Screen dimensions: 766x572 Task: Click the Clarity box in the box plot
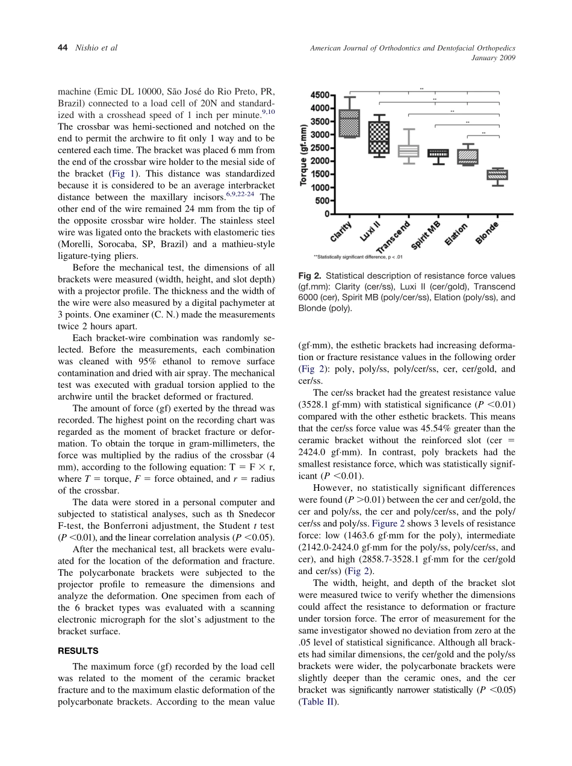(350, 123)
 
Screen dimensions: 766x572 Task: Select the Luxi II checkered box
(379, 137)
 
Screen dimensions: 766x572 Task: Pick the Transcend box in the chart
(409, 151)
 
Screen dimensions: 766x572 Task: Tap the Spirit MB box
(438, 154)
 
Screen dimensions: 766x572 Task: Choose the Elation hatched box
(468, 157)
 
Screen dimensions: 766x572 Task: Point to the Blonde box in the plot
(497, 175)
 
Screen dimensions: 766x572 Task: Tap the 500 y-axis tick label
(322, 201)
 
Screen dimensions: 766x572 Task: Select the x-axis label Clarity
(341, 232)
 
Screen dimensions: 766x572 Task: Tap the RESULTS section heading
(78, 651)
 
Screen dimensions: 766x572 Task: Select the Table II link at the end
(316, 701)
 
